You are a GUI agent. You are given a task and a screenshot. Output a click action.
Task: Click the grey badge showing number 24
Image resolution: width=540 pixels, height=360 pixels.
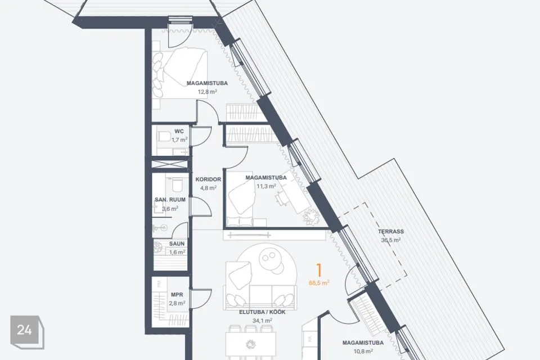(27, 331)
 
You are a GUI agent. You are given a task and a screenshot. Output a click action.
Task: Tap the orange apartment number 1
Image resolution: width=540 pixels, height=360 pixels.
(319, 271)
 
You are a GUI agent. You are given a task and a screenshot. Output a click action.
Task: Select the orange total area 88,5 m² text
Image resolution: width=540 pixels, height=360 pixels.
(319, 283)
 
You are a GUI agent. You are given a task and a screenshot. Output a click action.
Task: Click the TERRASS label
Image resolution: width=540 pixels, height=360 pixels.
(390, 232)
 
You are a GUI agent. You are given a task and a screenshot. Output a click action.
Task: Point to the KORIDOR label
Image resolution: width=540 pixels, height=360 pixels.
(208, 179)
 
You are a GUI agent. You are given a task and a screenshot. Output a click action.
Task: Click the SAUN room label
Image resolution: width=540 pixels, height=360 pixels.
(177, 244)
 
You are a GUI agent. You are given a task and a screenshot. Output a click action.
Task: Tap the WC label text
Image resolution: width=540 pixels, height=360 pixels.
(179, 131)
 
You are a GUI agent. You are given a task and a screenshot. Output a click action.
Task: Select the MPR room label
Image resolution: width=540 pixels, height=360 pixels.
(177, 295)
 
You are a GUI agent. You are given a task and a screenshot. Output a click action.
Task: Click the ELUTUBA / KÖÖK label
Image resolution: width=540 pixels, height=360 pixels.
(263, 312)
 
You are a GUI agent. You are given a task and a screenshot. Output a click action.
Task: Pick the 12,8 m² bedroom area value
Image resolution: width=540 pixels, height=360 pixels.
(208, 92)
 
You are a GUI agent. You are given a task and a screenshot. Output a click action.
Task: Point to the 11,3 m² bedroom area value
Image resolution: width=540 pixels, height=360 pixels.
(266, 186)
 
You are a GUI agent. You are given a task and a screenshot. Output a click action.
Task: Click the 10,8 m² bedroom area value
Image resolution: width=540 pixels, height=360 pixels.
(363, 352)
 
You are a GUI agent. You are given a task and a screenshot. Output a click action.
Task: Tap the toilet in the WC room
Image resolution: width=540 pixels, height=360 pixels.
(163, 137)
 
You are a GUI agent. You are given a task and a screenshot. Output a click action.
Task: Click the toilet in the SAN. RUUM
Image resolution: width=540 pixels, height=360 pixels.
(177, 184)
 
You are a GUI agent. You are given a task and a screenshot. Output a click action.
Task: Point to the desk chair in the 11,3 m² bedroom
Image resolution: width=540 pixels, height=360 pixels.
(282, 199)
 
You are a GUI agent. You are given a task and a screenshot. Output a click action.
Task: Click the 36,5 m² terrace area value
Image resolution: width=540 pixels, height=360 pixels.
(390, 240)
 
